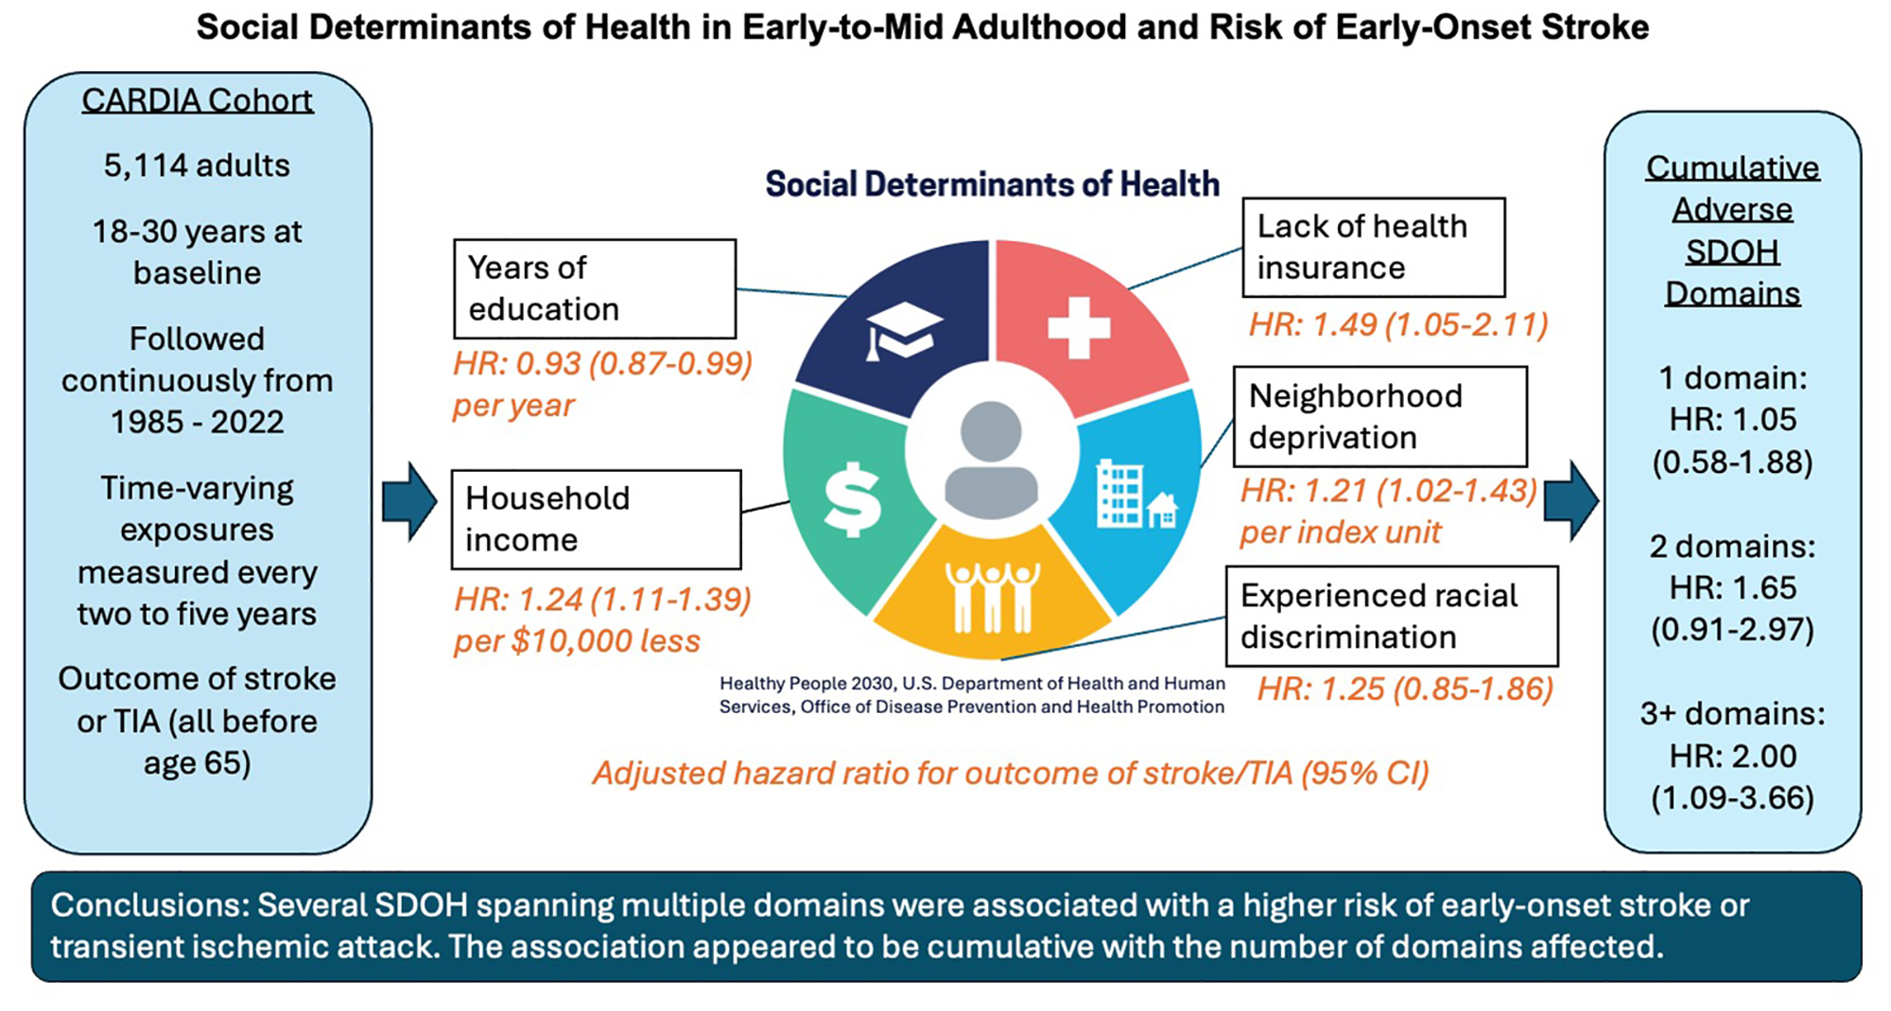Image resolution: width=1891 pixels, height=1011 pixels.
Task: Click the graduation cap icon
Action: pos(903,330)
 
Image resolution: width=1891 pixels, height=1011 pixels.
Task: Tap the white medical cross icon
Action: pos(1079,328)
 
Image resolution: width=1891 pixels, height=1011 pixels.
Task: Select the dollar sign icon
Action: pos(853,499)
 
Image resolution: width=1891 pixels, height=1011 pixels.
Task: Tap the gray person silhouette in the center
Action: pos(991,460)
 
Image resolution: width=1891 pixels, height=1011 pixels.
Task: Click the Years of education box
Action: pos(595,288)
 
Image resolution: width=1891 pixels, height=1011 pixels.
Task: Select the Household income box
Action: pos(596,519)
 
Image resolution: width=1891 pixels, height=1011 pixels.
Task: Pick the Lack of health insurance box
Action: pos(1373,247)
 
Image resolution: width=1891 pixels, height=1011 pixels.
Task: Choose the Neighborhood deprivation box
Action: pos(1379,417)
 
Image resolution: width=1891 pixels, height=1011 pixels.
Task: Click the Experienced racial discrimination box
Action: pos(1392,617)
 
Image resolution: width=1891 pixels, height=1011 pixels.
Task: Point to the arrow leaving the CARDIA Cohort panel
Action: pos(409,501)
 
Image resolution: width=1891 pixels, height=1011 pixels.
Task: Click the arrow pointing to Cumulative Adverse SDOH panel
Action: pos(1570,501)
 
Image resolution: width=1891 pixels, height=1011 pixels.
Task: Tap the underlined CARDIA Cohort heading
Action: pos(197,100)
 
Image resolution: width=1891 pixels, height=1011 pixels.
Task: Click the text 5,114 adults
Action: pos(197,166)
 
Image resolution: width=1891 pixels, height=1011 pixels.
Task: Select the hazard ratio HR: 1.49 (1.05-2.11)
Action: pos(1398,324)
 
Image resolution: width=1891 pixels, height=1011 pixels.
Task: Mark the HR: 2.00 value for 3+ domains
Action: pos(1733,756)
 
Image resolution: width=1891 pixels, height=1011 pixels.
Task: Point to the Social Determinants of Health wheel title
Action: pos(992,183)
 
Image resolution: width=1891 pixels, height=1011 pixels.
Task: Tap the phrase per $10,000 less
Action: pos(577,641)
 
